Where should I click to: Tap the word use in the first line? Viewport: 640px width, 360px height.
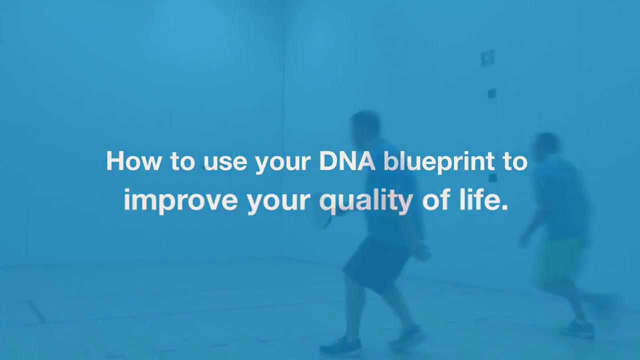click(225, 161)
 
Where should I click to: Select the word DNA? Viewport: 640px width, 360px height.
click(347, 161)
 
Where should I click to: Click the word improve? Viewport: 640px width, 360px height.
click(180, 200)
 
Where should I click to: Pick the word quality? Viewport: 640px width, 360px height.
click(365, 200)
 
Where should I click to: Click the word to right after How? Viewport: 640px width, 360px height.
click(182, 161)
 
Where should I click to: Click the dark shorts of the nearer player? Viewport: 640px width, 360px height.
click(377, 262)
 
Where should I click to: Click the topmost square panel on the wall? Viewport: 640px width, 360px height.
click(487, 58)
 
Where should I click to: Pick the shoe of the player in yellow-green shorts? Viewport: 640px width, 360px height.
click(577, 328)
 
